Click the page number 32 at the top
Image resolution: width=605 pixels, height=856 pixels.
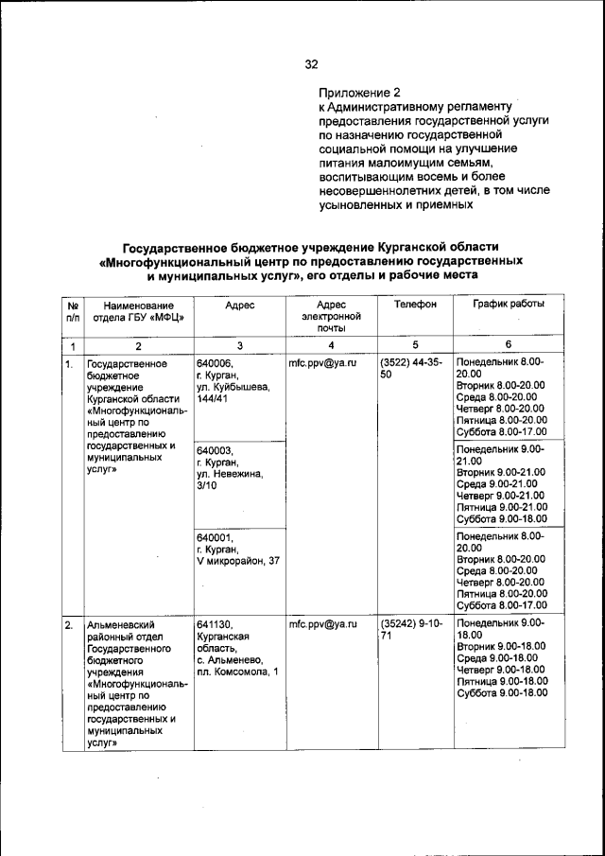[311, 64]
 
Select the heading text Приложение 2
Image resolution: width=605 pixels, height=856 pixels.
[360, 93]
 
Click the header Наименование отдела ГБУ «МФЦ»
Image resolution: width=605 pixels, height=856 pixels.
[139, 311]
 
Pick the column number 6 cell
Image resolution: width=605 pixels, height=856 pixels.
[508, 346]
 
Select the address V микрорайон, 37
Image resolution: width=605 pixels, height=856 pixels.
[237, 562]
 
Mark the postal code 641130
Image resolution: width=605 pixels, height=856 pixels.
[215, 625]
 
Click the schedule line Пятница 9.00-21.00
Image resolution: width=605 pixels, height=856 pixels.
[501, 507]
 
